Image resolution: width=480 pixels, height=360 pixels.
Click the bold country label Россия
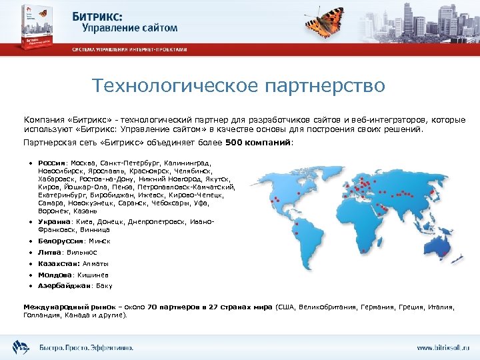click(51, 162)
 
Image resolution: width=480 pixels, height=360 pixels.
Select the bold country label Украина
click(54, 221)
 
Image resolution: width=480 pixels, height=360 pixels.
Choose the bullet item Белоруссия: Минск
click(73, 241)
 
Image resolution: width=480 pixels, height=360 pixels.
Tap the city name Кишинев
click(92, 275)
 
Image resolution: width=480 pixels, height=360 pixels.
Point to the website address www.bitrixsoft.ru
click(443, 347)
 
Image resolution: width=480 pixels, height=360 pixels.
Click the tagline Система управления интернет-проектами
click(129, 50)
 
